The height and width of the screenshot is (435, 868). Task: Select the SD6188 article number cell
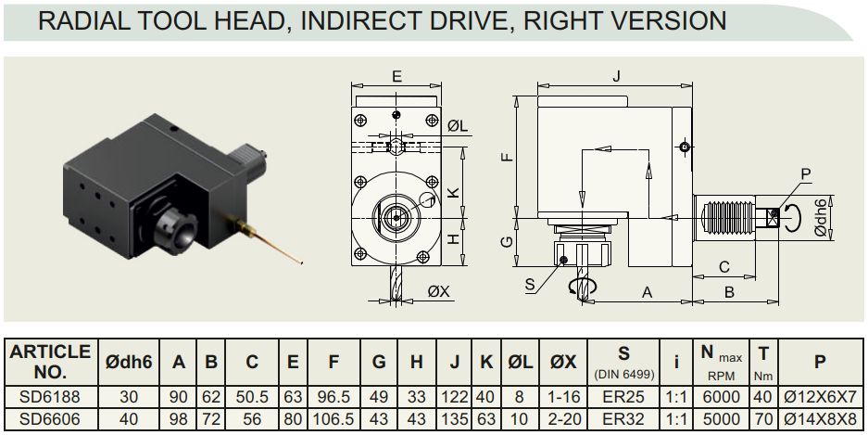[x=50, y=397]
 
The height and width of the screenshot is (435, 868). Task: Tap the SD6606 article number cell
[x=50, y=419]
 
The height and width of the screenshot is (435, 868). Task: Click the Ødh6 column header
[x=129, y=363]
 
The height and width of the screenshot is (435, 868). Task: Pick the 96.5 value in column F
[x=333, y=397]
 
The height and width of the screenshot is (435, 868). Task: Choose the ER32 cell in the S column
[x=623, y=419]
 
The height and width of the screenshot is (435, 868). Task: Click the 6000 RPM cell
[x=721, y=397]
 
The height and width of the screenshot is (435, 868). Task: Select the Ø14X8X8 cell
[x=820, y=419]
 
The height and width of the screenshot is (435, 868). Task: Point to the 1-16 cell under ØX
[x=563, y=397]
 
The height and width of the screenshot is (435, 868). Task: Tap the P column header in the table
[x=820, y=362]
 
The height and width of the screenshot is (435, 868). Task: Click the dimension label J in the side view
[x=617, y=76]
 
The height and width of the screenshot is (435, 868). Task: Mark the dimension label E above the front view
[x=396, y=76]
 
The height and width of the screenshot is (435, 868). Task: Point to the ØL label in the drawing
[x=458, y=126]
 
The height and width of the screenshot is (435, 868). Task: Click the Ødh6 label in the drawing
[x=822, y=217]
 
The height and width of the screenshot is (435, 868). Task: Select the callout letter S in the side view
[x=530, y=284]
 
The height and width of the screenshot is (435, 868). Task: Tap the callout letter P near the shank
[x=805, y=174]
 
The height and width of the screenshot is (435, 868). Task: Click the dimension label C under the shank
[x=724, y=267]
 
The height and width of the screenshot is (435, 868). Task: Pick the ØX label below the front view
[x=439, y=291]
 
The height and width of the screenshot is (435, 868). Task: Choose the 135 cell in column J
[x=455, y=419]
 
